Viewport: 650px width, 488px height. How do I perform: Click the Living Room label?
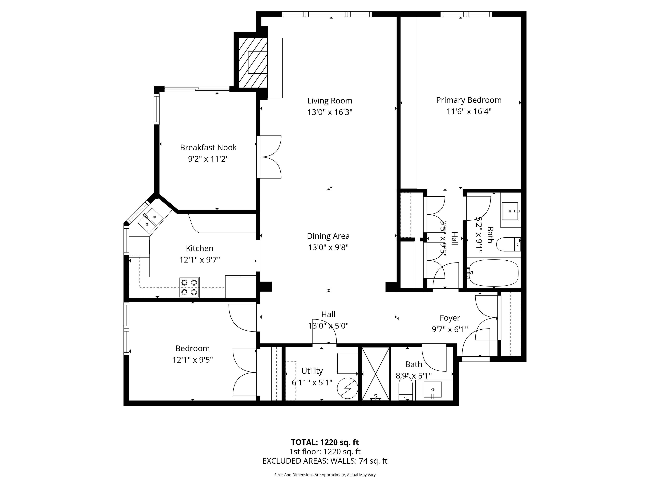tap(330, 101)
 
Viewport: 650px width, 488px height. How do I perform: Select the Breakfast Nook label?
tap(208, 147)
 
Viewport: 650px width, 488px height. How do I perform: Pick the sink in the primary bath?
tap(510, 211)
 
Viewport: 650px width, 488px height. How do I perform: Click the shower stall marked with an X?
tap(376, 374)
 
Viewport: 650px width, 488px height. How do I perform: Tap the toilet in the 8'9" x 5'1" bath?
tap(406, 388)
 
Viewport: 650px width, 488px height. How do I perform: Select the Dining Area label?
tap(328, 236)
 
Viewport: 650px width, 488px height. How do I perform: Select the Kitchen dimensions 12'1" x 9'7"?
tap(200, 260)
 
